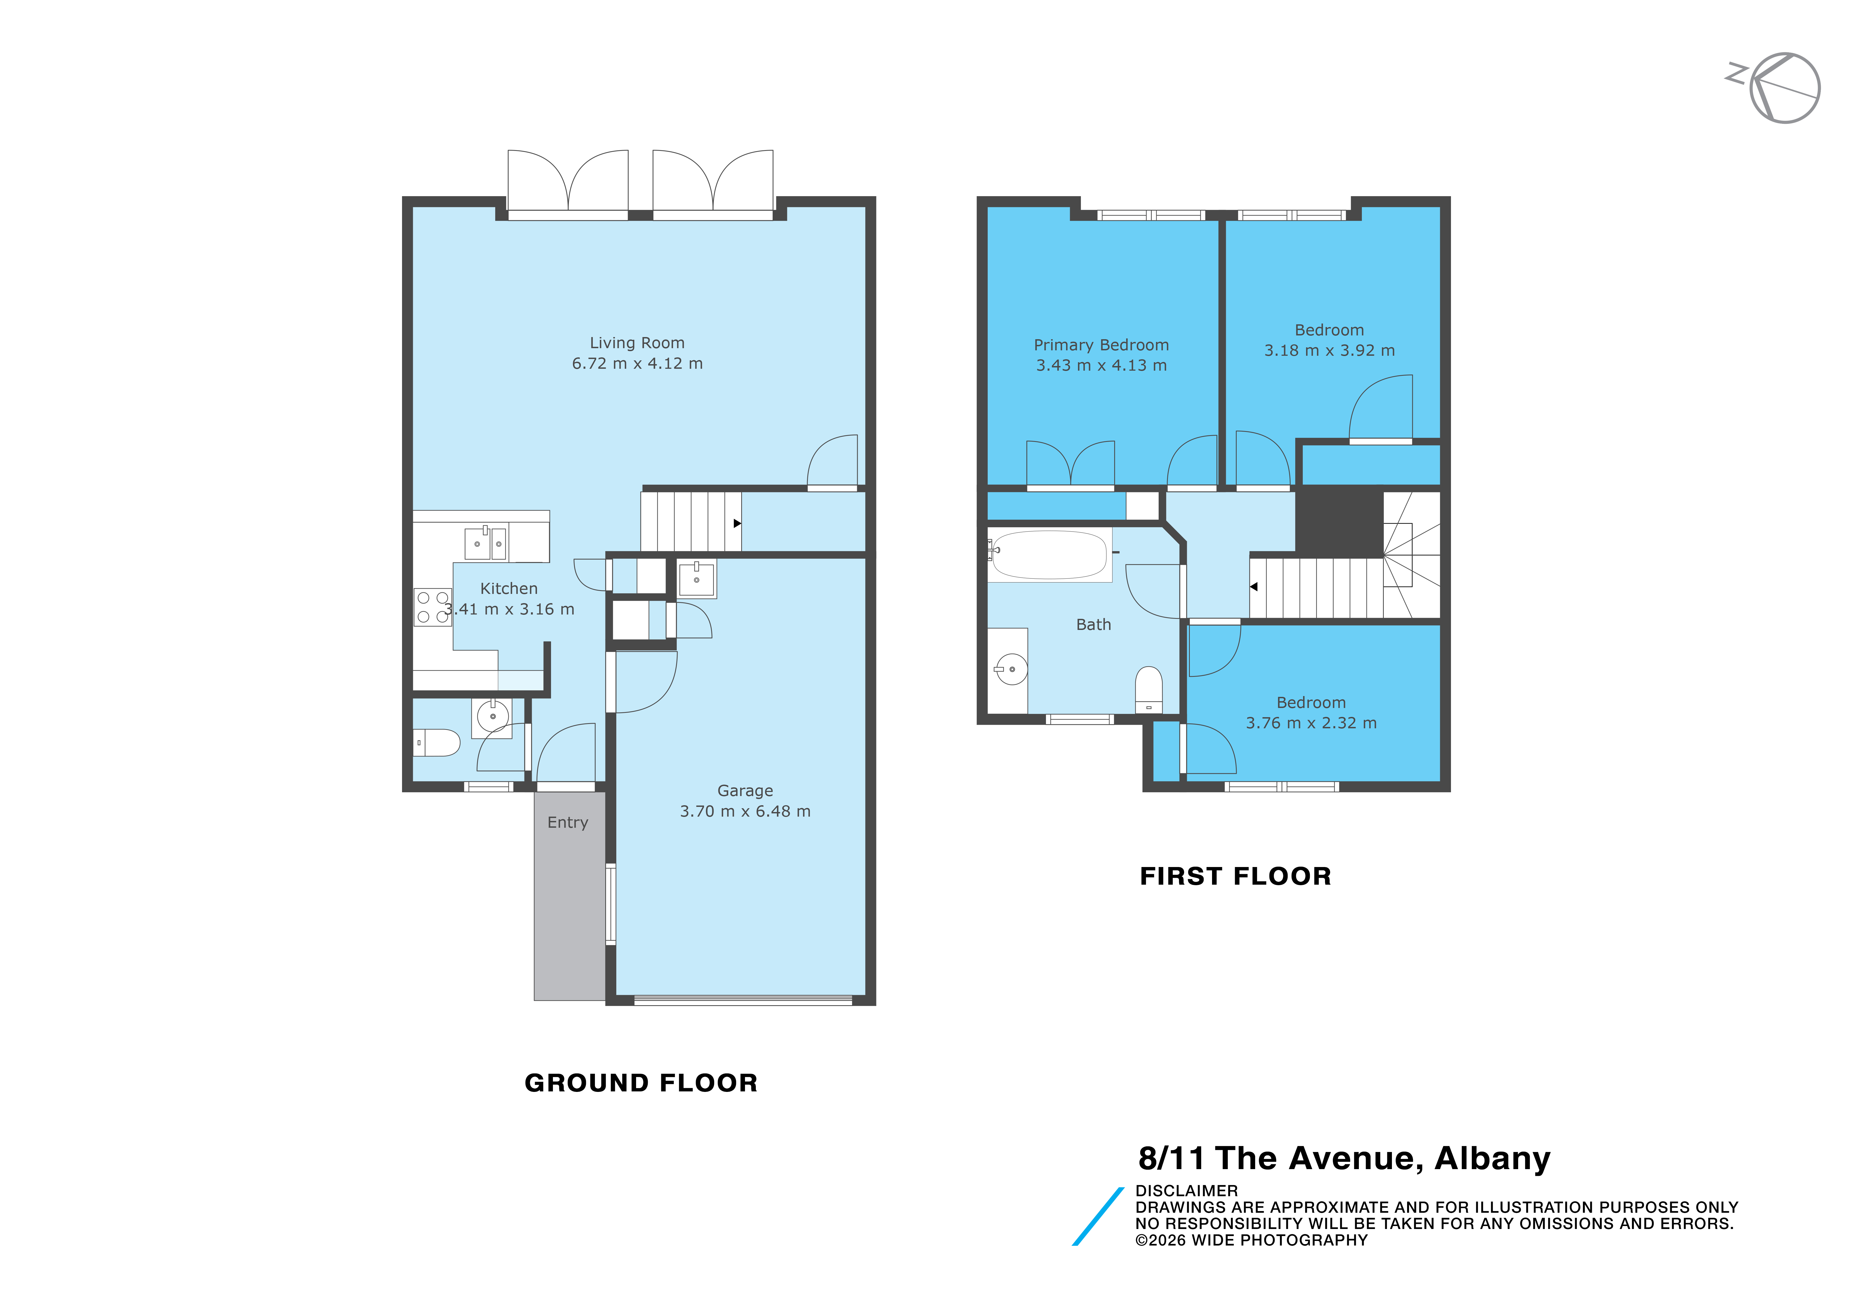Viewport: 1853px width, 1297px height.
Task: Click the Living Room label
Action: click(x=637, y=343)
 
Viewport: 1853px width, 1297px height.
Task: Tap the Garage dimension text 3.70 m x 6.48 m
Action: click(x=745, y=811)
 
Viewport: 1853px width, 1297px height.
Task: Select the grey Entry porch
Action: click(x=570, y=896)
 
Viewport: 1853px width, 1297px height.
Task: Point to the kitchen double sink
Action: click(x=486, y=543)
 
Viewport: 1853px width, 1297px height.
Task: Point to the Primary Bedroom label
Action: click(x=1101, y=345)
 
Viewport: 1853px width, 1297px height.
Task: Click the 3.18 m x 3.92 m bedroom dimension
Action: click(x=1329, y=350)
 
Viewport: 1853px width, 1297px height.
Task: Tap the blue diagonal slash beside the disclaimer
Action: click(x=1098, y=1216)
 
